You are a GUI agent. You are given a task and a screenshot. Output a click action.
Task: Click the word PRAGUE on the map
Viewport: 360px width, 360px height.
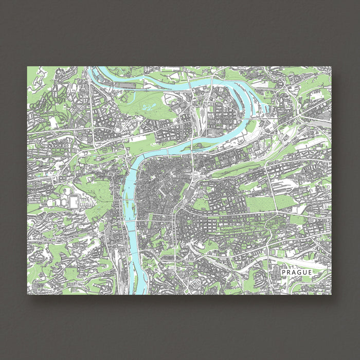[297, 272]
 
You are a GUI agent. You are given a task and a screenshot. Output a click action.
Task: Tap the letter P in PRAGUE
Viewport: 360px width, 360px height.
[284, 272]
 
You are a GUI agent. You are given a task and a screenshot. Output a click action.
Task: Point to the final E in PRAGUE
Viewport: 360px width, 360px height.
[310, 272]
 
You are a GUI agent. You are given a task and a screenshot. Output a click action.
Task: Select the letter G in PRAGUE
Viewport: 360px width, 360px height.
[299, 272]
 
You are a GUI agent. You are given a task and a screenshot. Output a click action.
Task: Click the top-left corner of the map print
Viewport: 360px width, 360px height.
[27, 66]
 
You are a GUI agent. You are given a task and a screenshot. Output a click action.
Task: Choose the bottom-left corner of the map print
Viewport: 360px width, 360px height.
[27, 294]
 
